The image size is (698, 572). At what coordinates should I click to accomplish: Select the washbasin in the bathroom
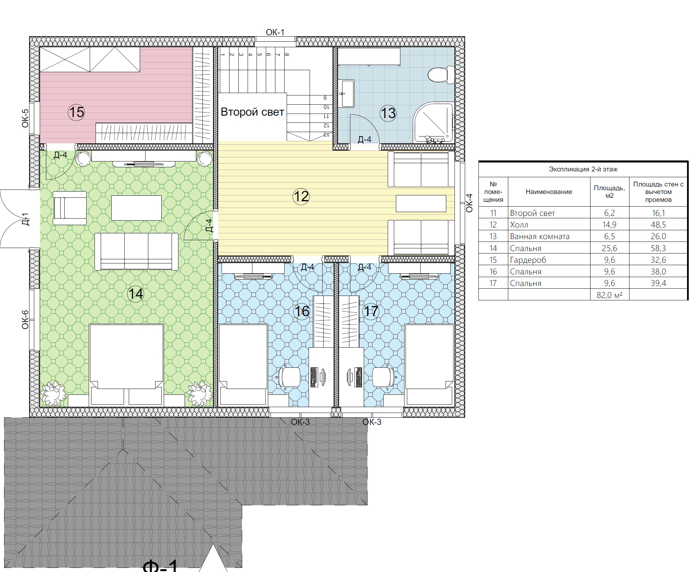coord(347,94)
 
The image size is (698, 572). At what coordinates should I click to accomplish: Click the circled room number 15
coord(76,112)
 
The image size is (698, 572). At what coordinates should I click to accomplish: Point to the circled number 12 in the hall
coord(301,196)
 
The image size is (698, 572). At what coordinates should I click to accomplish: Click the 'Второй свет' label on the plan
coord(252,112)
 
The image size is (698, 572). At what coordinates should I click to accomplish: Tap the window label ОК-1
coord(275,32)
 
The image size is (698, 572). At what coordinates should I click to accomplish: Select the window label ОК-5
coord(25,118)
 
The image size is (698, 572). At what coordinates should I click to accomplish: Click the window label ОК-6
coord(25,320)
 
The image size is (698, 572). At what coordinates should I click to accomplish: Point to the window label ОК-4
coord(469,203)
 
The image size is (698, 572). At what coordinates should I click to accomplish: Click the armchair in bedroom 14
coord(70,208)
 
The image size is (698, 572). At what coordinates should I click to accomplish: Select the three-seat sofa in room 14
coord(136,251)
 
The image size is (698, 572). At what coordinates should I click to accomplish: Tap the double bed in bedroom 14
coord(126,365)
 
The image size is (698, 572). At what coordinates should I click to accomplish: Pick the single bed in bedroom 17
coord(429,365)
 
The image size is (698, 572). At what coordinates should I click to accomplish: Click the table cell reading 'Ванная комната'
coord(540,236)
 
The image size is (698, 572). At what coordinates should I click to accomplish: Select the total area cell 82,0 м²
coord(610,295)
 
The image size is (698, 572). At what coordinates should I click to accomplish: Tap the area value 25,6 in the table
coord(610,248)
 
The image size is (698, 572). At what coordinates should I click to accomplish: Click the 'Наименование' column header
coord(549,192)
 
